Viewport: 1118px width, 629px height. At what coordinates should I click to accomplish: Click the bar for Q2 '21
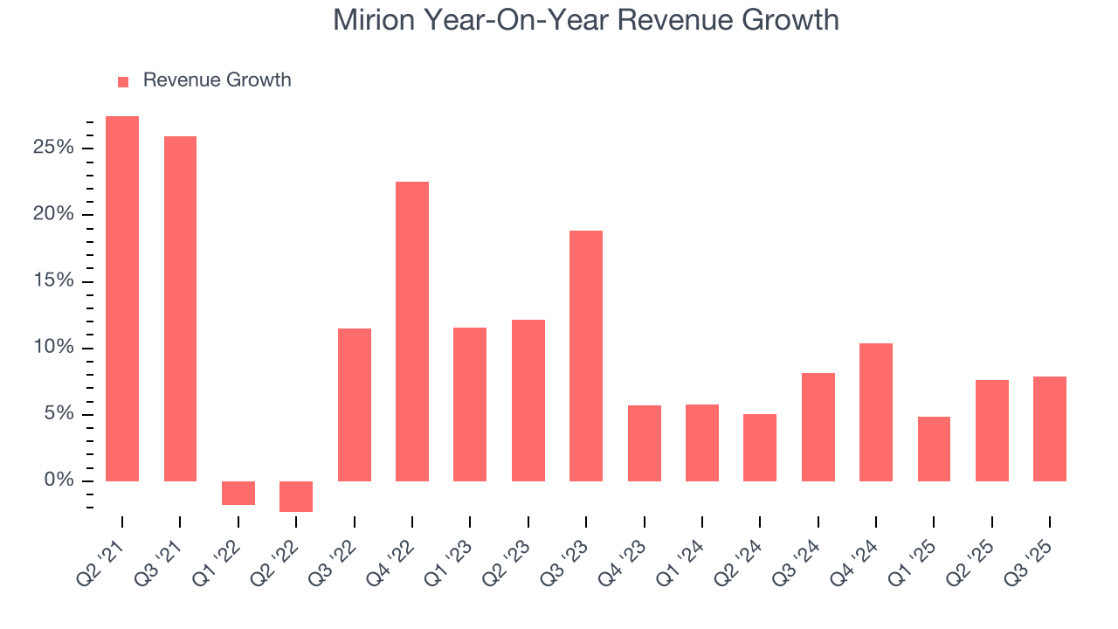click(x=122, y=299)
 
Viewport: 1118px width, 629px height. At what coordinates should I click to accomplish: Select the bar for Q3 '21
click(x=180, y=308)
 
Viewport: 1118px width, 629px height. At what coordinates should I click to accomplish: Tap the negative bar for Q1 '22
click(x=238, y=493)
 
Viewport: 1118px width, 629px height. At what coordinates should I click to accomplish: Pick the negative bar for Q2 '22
click(x=296, y=496)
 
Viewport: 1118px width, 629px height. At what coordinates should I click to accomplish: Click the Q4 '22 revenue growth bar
click(x=412, y=331)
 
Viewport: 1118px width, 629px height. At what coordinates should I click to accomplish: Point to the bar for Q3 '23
click(x=586, y=356)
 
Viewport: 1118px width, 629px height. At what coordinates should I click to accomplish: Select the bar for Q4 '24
click(x=876, y=412)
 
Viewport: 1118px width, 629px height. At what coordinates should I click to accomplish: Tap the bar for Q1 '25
click(x=934, y=449)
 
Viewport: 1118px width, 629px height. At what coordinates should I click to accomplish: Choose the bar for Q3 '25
click(x=1050, y=429)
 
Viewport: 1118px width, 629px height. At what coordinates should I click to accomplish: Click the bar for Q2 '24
click(x=760, y=447)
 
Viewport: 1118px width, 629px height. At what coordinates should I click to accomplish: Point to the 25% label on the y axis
click(x=53, y=148)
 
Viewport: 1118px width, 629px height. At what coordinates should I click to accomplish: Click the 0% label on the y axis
click(x=59, y=480)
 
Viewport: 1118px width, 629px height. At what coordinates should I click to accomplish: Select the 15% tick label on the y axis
click(x=53, y=281)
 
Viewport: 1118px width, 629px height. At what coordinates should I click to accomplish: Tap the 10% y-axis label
click(x=53, y=348)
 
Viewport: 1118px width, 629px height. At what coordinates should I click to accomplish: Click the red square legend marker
click(x=123, y=81)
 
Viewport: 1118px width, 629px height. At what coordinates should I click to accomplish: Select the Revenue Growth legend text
click(x=217, y=80)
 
